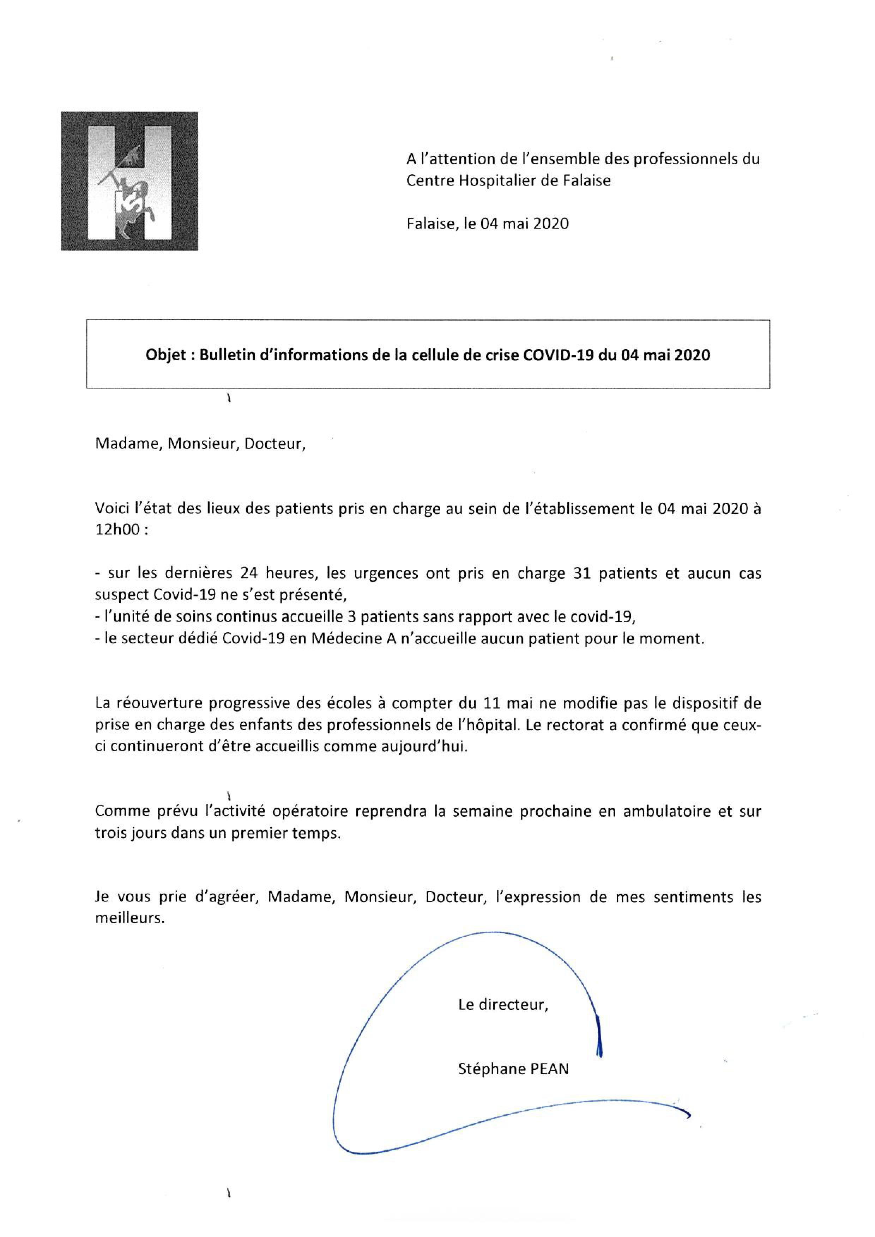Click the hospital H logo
[129, 181]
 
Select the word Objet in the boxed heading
[165, 355]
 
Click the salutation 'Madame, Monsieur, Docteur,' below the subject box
[200, 443]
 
